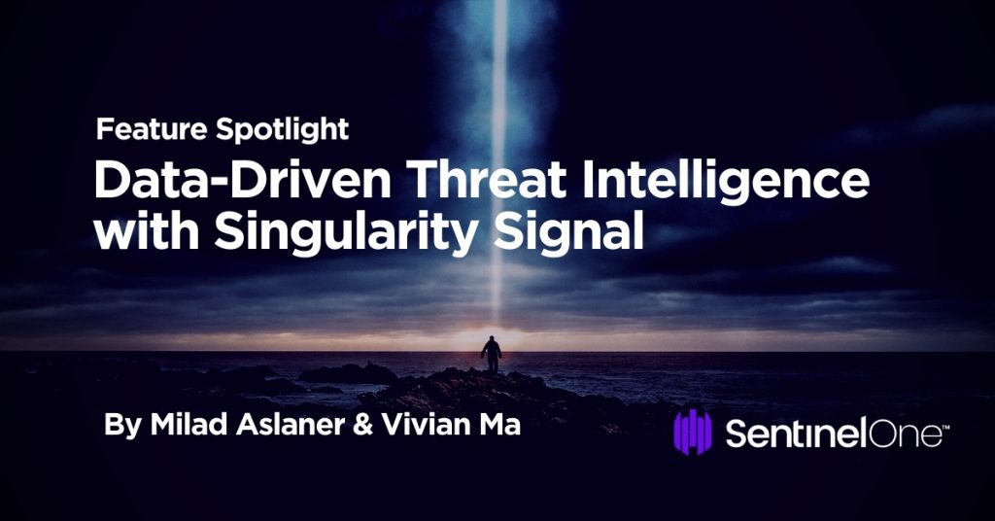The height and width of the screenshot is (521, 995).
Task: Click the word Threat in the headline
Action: coord(462,182)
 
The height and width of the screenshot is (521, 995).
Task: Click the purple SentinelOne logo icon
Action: coord(694,434)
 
